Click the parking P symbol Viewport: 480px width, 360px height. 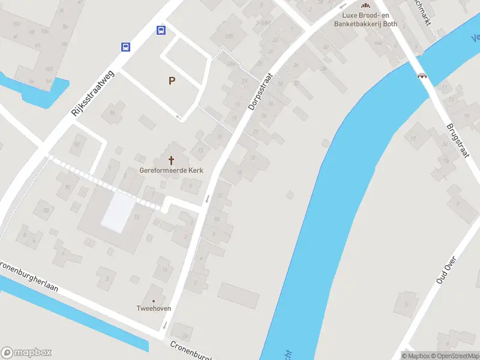click(x=172, y=80)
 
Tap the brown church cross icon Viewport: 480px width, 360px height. click(x=172, y=160)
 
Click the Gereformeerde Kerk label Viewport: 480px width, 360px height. click(x=172, y=170)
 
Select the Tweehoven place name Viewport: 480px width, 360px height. click(x=154, y=308)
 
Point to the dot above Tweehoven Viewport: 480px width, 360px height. click(x=154, y=301)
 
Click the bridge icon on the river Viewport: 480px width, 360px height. click(x=422, y=76)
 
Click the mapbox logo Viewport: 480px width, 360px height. click(x=26, y=352)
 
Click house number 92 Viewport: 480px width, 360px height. click(x=76, y=145)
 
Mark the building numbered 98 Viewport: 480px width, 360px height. click(x=45, y=211)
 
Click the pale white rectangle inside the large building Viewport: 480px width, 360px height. click(x=118, y=211)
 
